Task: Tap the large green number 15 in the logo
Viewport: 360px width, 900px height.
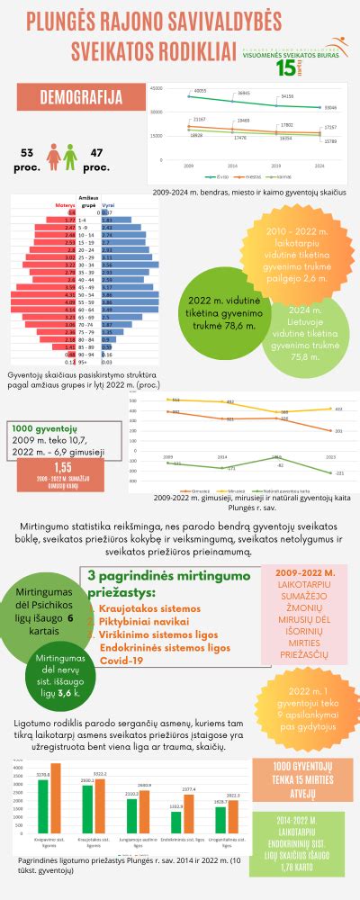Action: pos(287,67)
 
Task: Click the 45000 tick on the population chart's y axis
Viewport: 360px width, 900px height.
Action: pos(157,88)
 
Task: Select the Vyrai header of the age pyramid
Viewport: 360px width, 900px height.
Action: pos(107,205)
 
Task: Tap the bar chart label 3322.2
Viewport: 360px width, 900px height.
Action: pos(100,773)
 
